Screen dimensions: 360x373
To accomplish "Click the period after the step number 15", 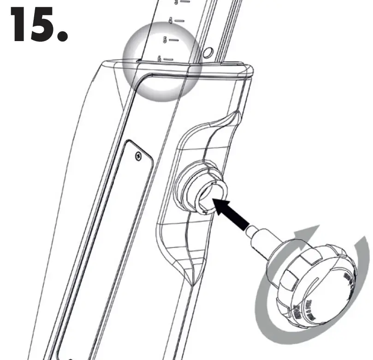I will [63, 35].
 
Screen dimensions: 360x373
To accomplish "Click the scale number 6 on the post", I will [160, 59].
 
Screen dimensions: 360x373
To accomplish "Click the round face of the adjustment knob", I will [326, 286].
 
